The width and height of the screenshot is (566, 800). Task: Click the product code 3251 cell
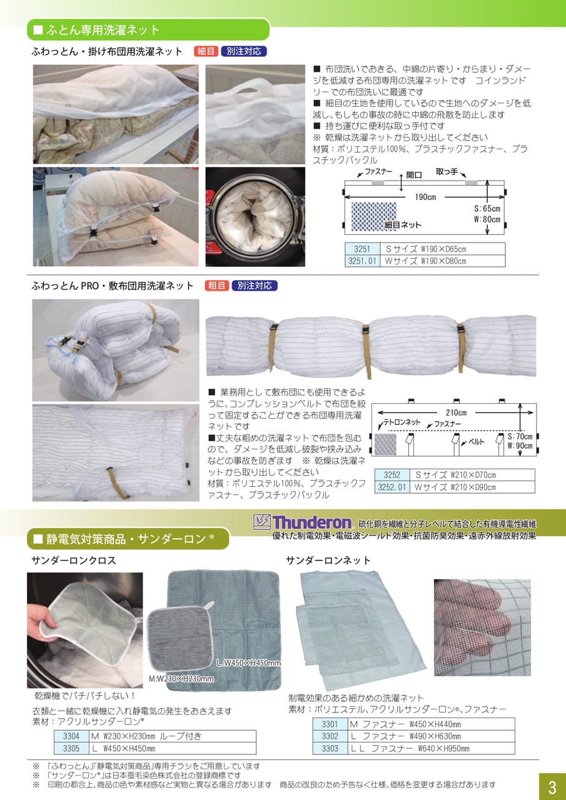click(362, 249)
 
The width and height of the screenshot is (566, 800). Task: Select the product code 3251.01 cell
click(362, 261)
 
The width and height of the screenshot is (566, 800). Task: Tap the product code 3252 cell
click(392, 475)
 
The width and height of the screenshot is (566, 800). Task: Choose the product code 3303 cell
click(330, 748)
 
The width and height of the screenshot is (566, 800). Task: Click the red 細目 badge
click(206, 51)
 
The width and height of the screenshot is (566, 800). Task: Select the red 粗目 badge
click(217, 286)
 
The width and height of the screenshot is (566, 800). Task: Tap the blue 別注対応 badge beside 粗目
click(255, 286)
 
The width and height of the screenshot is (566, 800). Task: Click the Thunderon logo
click(303, 522)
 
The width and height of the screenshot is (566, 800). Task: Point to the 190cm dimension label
click(425, 197)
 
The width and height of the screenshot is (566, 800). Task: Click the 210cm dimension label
click(456, 412)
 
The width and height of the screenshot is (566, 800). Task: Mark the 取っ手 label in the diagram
click(447, 172)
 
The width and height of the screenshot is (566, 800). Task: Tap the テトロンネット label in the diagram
click(402, 422)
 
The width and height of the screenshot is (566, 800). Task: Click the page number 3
click(552, 787)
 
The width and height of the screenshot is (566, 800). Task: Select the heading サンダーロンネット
click(328, 561)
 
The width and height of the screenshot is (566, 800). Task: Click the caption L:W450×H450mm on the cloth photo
click(249, 663)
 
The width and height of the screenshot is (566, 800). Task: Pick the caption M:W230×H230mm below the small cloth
click(181, 679)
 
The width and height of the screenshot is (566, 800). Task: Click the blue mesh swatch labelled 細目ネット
click(374, 216)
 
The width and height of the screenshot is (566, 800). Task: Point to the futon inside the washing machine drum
click(255, 216)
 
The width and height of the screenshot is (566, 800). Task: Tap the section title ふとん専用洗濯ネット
click(103, 30)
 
